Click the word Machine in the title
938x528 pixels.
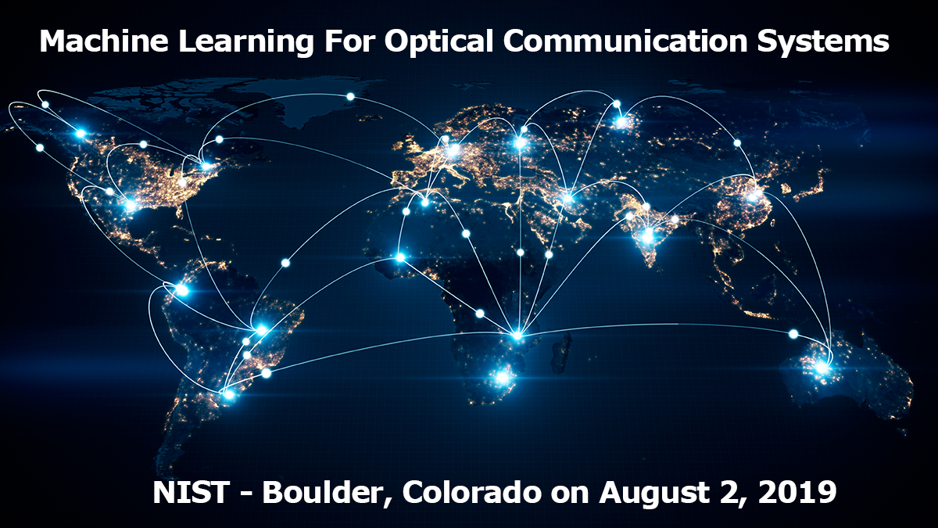(103, 41)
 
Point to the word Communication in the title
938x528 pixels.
(625, 41)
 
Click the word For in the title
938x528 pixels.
(349, 41)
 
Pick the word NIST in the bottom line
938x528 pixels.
(191, 492)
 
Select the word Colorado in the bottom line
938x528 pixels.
(472, 492)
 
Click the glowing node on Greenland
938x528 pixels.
(350, 97)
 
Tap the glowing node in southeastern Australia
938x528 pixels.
(823, 368)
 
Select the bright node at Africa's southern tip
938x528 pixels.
(502, 377)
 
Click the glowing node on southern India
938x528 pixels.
(648, 236)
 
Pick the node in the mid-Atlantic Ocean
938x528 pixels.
(285, 263)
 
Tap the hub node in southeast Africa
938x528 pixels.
(517, 336)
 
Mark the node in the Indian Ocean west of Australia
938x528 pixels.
(793, 334)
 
